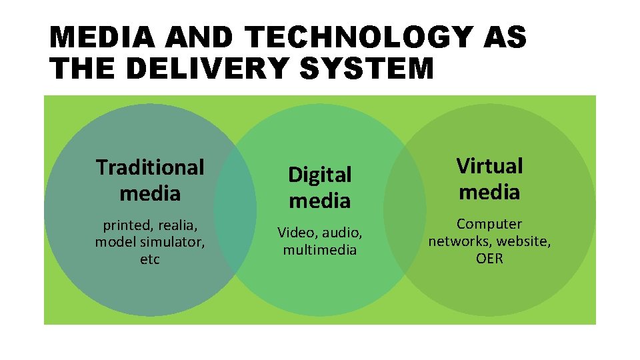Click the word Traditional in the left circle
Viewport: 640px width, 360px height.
[150, 167]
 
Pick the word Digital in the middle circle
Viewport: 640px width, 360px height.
[319, 175]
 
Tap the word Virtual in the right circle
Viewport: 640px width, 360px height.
[489, 165]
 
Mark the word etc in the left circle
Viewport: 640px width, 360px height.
[150, 259]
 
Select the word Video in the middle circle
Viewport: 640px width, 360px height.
[297, 233]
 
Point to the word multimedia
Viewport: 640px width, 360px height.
[320, 250]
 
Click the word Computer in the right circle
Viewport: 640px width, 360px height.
[489, 224]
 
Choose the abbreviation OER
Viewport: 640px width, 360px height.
[489, 258]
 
